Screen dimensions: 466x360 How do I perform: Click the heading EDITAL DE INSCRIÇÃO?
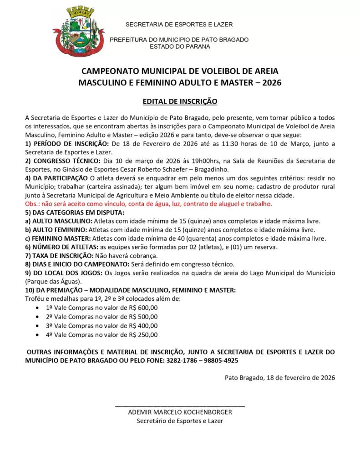tap(180, 101)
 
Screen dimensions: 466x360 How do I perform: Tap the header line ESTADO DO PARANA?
tap(180, 46)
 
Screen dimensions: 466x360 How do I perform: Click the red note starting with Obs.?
tap(149, 204)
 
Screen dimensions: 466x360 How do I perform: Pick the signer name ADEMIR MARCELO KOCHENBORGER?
tap(180, 412)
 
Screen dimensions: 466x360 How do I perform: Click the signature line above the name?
tap(180, 405)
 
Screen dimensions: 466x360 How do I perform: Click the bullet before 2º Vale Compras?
tap(37, 317)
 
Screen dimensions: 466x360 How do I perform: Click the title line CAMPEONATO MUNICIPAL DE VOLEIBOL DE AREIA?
tap(180, 71)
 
